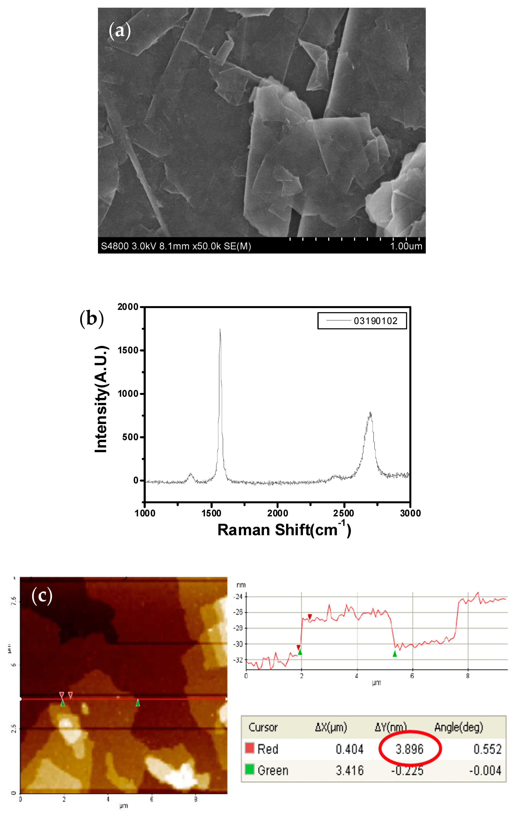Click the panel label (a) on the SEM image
click(x=119, y=31)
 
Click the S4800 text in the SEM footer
click(x=115, y=246)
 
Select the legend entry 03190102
click(x=375, y=321)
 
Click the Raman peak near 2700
click(x=370, y=413)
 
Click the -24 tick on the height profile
click(x=238, y=597)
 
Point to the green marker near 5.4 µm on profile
click(x=394, y=654)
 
